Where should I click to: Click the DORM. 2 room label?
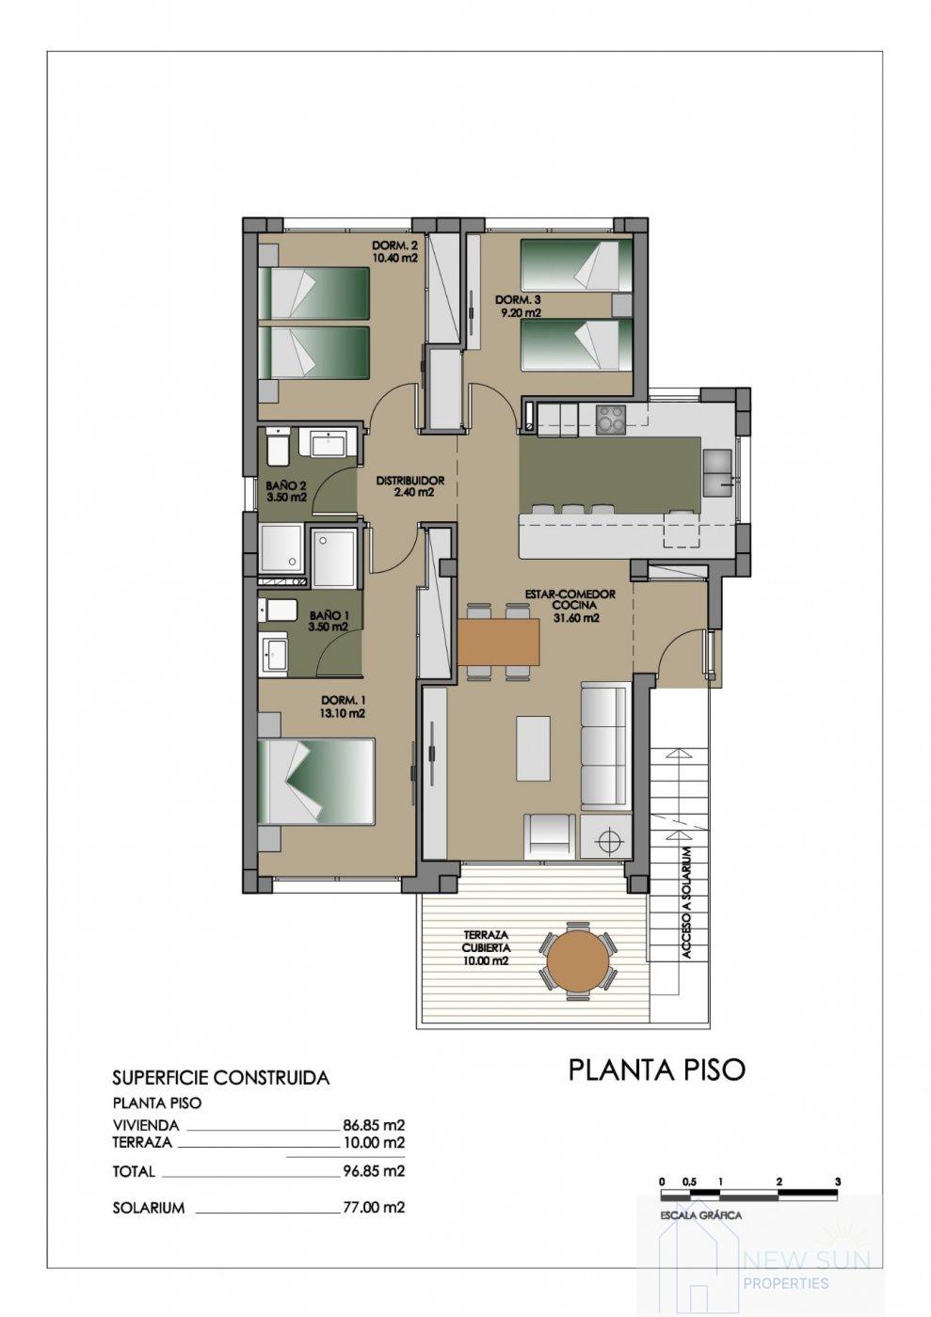click(394, 251)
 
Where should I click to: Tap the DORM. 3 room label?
click(519, 307)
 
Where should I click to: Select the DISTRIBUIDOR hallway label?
click(410, 485)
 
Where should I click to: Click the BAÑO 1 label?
click(329, 620)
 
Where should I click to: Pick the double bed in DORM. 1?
click(317, 781)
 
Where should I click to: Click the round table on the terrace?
click(576, 960)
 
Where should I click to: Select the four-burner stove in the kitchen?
click(611, 419)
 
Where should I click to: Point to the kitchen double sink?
click(717, 472)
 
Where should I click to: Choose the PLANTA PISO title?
click(656, 1070)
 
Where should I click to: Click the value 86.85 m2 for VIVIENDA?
click(374, 1124)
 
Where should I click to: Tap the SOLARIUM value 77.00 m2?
click(374, 1207)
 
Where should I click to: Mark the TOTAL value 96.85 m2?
click(374, 1171)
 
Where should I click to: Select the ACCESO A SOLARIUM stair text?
click(687, 902)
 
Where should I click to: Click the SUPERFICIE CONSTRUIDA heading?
click(220, 1078)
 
